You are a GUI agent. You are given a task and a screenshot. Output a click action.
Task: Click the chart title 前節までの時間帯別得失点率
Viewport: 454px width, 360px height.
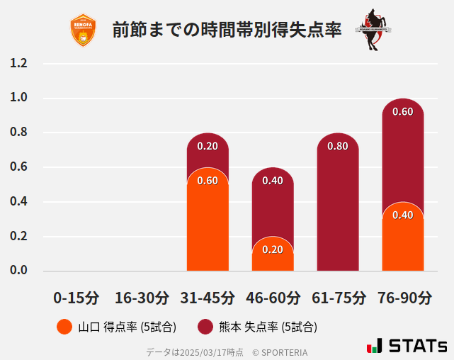pyautogui.click(x=227, y=30)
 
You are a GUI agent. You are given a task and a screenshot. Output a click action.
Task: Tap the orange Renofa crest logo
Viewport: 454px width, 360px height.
pyautogui.click(x=84, y=30)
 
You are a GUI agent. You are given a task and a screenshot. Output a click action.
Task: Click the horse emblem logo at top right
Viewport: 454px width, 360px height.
pyautogui.click(x=373, y=30)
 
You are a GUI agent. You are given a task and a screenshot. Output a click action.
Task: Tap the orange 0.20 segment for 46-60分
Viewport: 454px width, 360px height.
pyautogui.click(x=273, y=255)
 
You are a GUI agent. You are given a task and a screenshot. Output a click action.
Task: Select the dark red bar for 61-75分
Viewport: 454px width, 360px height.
pyautogui.click(x=338, y=206)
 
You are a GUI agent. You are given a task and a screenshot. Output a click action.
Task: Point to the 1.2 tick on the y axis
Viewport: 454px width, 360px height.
pyautogui.click(x=19, y=64)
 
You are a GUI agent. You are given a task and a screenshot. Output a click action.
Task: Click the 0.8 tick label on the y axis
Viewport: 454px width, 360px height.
pyautogui.click(x=19, y=133)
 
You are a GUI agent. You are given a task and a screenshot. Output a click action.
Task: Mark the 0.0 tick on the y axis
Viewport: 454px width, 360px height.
pyautogui.click(x=19, y=270)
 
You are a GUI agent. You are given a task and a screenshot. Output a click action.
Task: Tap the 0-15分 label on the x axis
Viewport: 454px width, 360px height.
pyautogui.click(x=77, y=298)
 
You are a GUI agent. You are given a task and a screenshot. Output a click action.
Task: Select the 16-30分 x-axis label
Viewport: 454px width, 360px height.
pyautogui.click(x=142, y=298)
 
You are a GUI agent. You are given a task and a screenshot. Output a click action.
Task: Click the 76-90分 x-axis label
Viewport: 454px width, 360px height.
pyautogui.click(x=402, y=298)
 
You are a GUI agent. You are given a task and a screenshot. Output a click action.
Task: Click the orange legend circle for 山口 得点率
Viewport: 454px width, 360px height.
pyautogui.click(x=64, y=327)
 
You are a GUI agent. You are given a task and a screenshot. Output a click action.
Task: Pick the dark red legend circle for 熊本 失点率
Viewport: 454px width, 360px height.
pyautogui.click(x=205, y=327)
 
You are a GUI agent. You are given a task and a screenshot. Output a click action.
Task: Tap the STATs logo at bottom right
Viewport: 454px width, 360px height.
pyautogui.click(x=407, y=346)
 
